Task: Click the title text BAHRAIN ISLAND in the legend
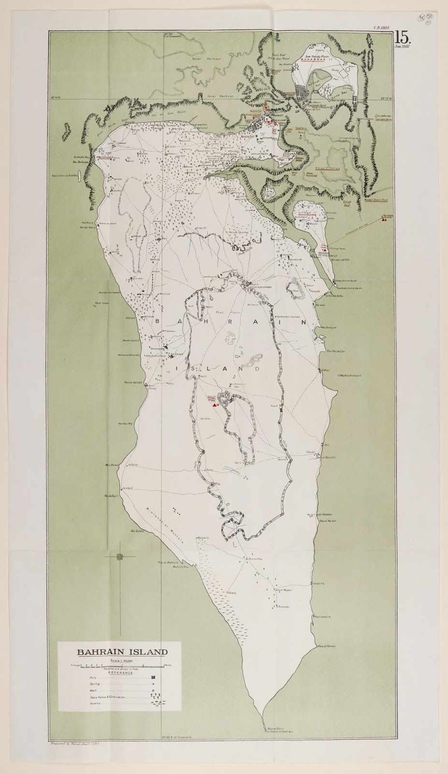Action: (x=122, y=652)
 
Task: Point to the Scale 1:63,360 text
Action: (x=121, y=661)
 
